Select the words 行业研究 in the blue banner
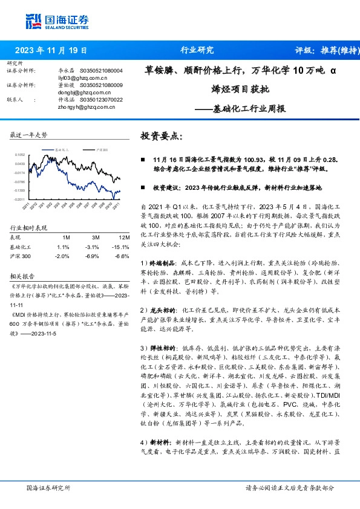click(197, 50)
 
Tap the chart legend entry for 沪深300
click(102, 148)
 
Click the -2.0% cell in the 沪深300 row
click(62, 256)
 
